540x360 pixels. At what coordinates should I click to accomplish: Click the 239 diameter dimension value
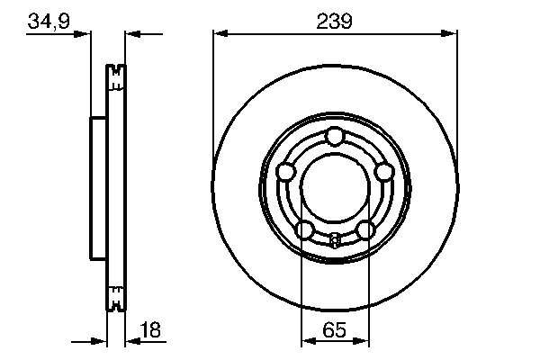(x=335, y=19)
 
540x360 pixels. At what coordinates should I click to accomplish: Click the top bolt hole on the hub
(x=335, y=137)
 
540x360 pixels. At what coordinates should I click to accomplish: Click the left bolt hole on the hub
(x=286, y=171)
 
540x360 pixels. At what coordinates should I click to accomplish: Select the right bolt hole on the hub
(x=384, y=171)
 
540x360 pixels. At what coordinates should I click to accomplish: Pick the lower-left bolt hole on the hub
(x=305, y=229)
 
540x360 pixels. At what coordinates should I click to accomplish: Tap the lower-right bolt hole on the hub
(x=364, y=229)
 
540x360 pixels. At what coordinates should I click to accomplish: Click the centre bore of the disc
(x=335, y=187)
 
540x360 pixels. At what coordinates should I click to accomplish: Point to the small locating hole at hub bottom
(x=335, y=239)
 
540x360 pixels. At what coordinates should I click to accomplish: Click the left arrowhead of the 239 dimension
(x=220, y=34)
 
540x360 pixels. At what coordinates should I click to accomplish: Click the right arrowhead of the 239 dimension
(x=450, y=34)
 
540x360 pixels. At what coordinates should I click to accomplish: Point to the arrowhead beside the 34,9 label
(x=86, y=34)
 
